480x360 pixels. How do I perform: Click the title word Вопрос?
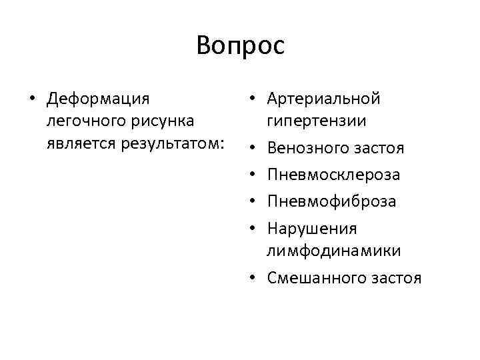tap(240, 46)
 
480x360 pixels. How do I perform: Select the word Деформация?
tap(98, 99)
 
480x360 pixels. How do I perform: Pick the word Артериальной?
tap(323, 99)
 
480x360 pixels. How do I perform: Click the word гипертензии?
tap(316, 122)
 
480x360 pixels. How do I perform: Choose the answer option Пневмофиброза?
tap(331, 201)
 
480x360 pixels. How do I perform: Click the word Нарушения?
tap(312, 229)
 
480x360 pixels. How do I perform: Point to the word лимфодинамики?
tap(334, 251)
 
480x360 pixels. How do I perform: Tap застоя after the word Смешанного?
tap(397, 277)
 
